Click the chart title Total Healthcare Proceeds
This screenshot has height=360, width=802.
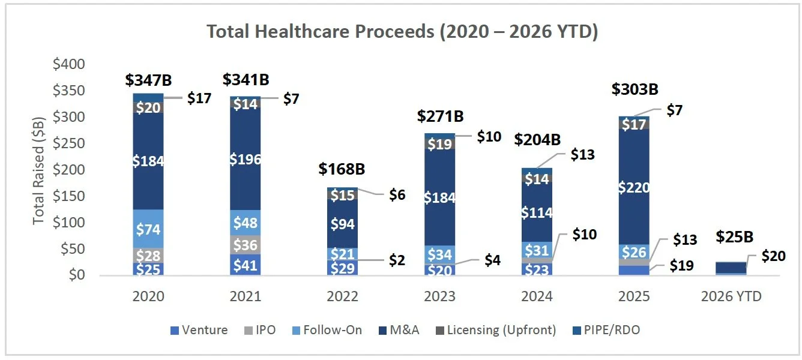tap(402, 31)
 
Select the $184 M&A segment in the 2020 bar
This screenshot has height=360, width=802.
tap(148, 161)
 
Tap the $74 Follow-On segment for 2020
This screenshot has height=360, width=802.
tap(148, 229)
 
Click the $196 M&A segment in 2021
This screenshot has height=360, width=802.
tap(245, 160)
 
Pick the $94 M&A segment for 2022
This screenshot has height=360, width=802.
tap(342, 224)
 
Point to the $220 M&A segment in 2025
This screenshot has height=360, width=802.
tap(634, 188)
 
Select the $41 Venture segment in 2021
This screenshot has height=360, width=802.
tap(245, 265)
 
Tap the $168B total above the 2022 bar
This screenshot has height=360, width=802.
tap(343, 169)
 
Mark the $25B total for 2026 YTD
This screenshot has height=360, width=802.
tap(731, 236)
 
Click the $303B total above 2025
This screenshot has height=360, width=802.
tap(635, 89)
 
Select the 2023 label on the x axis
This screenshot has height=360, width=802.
tap(439, 296)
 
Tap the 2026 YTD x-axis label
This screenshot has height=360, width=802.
tap(731, 296)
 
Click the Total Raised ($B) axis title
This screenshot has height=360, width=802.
tap(38, 169)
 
